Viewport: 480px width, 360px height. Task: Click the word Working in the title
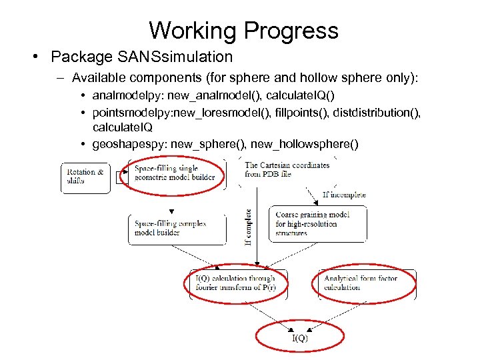193,31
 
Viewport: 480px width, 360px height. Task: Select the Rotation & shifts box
85,177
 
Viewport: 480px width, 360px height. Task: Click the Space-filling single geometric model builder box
175,173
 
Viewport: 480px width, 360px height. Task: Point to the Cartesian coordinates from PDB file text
287,170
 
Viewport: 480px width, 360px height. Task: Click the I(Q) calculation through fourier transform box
235,283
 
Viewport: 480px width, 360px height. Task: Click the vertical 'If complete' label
249,227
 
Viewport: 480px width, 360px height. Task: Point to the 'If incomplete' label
344,195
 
